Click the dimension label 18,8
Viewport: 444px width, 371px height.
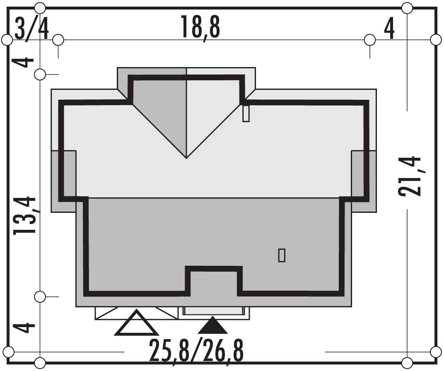201,27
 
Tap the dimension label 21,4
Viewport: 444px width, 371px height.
410,176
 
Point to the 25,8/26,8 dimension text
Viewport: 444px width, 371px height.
196,351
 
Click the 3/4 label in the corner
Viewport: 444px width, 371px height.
31,29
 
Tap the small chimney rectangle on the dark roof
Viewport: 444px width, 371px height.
282,255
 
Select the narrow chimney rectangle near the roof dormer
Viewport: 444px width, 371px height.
246,113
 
